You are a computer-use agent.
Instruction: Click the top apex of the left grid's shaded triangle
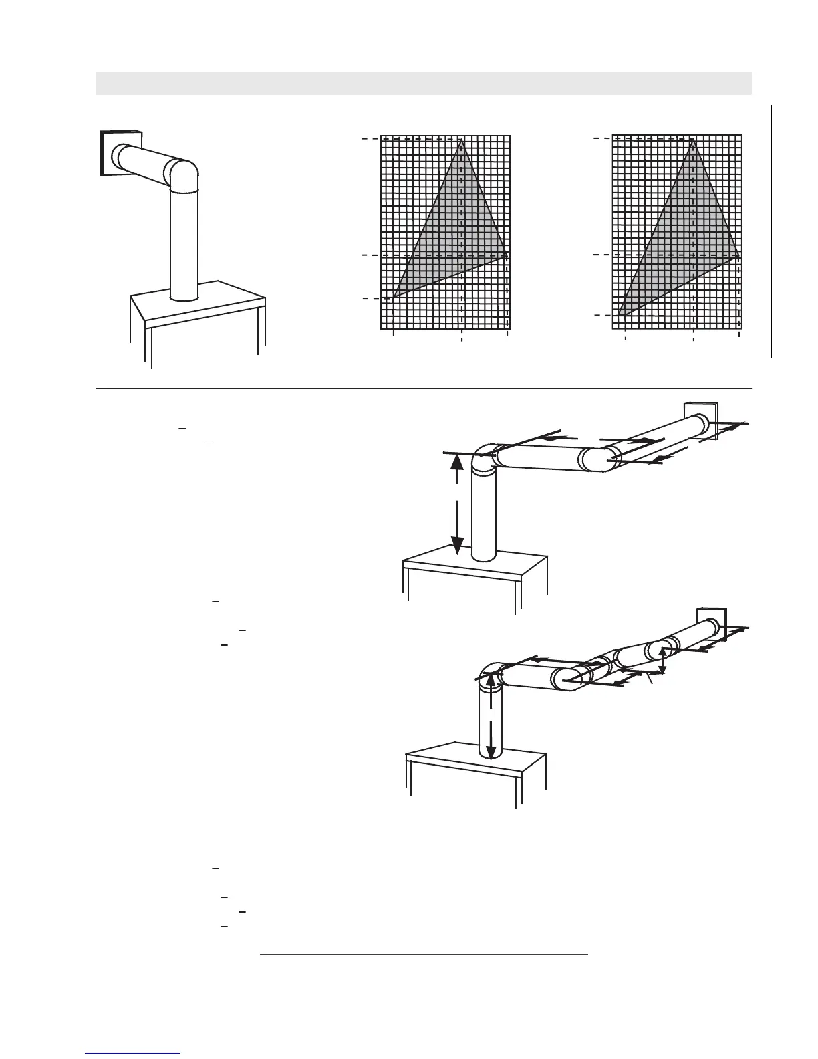click(x=460, y=140)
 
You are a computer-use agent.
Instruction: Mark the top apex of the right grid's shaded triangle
click(x=693, y=140)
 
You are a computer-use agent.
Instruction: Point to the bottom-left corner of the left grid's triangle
click(x=394, y=298)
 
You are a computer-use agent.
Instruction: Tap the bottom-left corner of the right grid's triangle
click(x=619, y=315)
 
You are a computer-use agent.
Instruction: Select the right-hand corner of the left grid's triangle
click(x=507, y=255)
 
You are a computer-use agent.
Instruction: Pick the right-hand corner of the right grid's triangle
click(x=738, y=255)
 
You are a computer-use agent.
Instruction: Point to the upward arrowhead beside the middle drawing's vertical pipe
click(x=456, y=462)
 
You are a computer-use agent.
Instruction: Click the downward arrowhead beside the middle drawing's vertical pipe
click(x=457, y=547)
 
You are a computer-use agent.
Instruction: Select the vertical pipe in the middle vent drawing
click(x=484, y=515)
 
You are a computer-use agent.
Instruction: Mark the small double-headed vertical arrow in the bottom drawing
click(x=662, y=660)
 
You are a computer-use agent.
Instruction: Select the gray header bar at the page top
click(x=424, y=84)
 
